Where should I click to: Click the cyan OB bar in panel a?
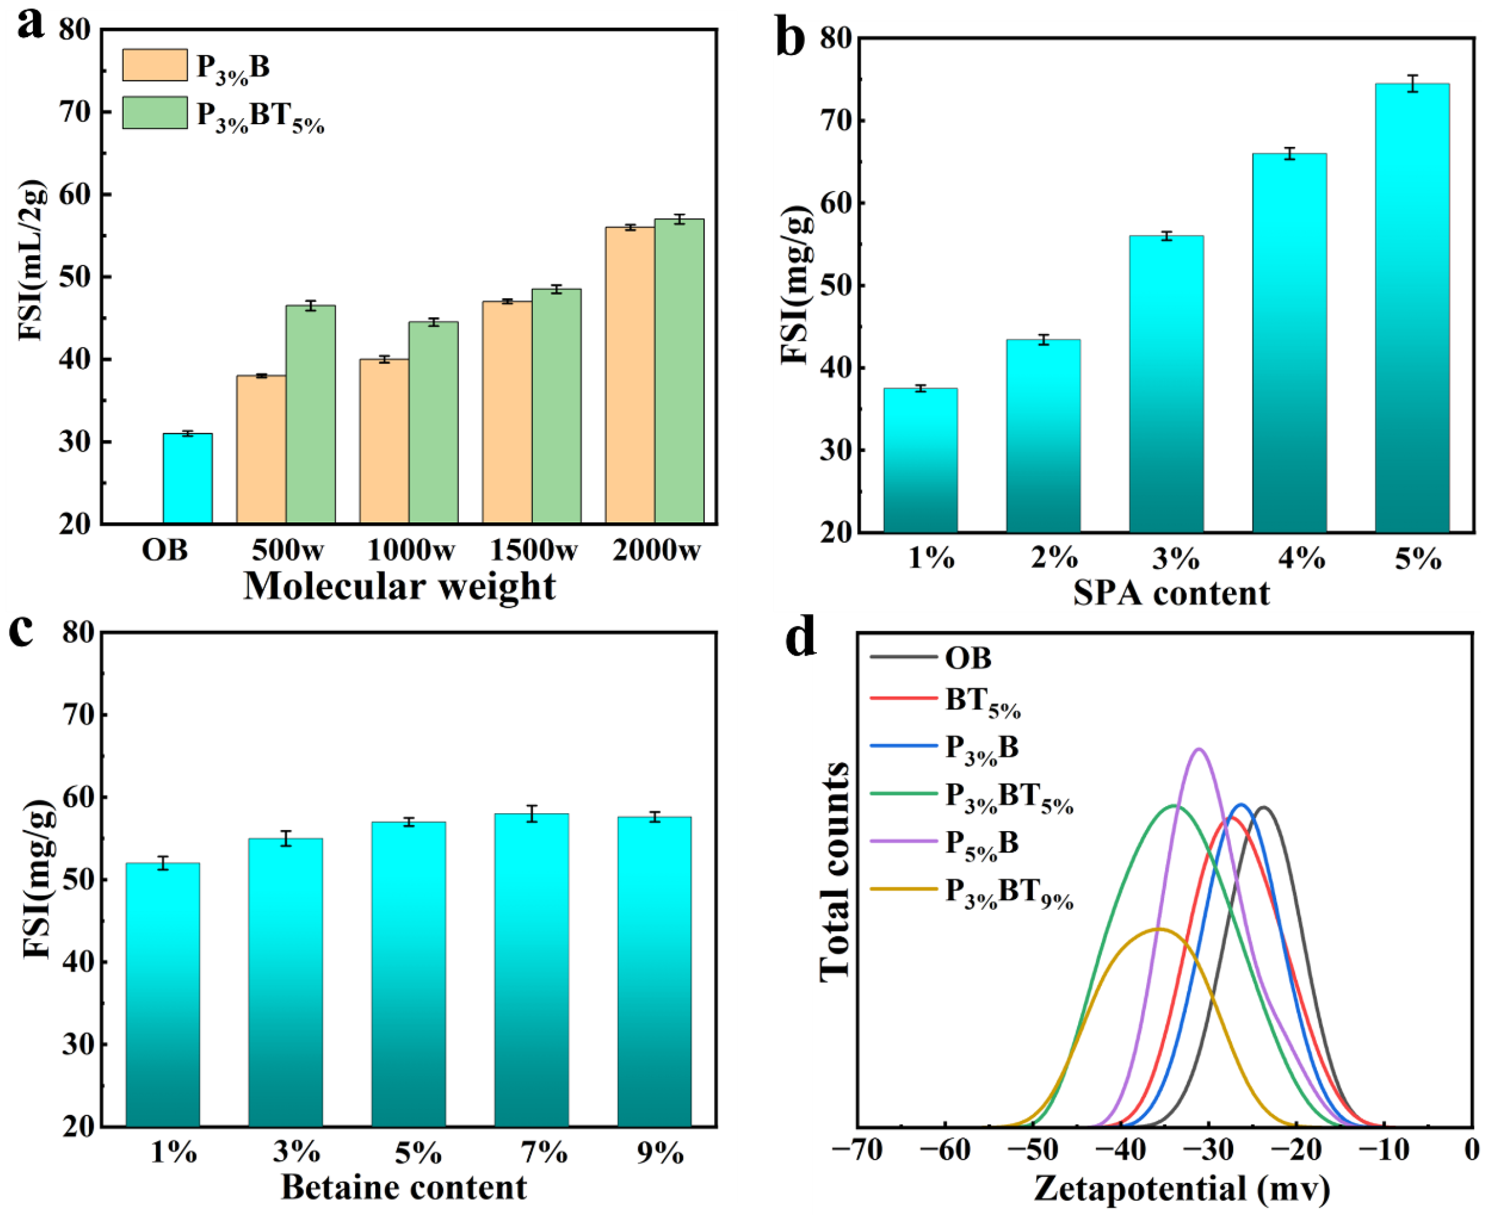(x=187, y=479)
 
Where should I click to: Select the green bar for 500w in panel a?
(x=310, y=414)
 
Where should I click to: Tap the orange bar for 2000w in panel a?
(x=630, y=376)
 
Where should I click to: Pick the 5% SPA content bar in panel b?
(x=1412, y=309)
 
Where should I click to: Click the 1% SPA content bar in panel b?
(x=920, y=460)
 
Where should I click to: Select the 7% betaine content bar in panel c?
(x=531, y=969)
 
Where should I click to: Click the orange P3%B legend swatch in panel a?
(x=154, y=65)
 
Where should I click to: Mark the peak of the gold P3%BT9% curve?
(x=1159, y=929)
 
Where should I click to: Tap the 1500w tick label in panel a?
(x=533, y=550)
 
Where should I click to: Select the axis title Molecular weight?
(x=399, y=587)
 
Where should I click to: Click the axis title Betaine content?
(x=404, y=1187)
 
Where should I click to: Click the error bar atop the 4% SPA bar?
(x=1289, y=153)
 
